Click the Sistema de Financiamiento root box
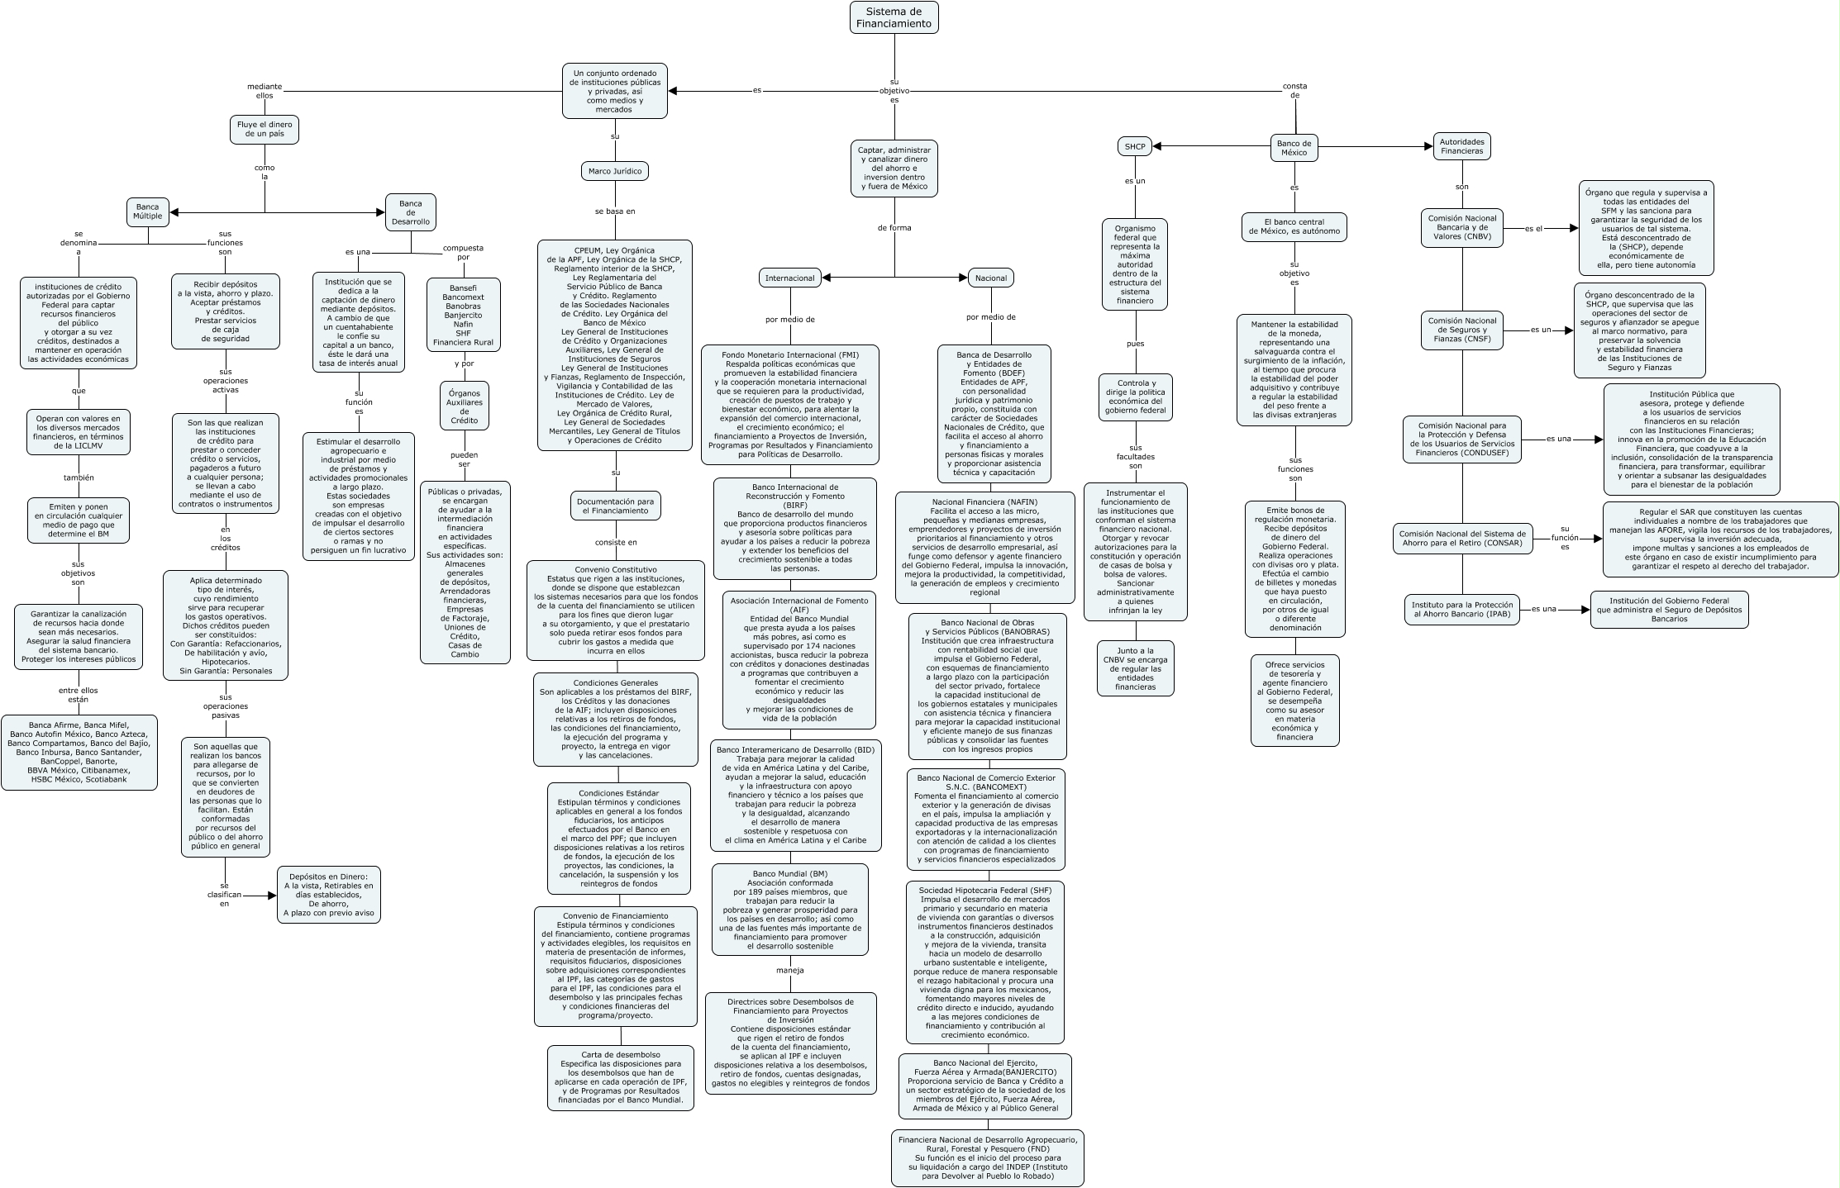(894, 17)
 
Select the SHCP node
(1135, 147)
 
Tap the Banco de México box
(1294, 148)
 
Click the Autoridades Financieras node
(1461, 146)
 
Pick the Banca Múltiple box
(148, 211)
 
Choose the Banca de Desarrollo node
(410, 212)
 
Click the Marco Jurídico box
(614, 171)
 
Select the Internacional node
(789, 278)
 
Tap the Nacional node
(990, 278)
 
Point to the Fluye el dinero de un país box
(264, 129)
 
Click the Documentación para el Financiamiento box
(615, 506)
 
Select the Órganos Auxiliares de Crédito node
(464, 406)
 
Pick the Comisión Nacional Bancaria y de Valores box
(1462, 228)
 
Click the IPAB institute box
(1461, 610)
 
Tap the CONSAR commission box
(1461, 539)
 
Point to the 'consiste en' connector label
(616, 543)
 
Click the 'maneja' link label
(789, 970)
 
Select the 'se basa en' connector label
(615, 211)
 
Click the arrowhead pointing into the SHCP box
(1158, 147)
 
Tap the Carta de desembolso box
(620, 1077)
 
